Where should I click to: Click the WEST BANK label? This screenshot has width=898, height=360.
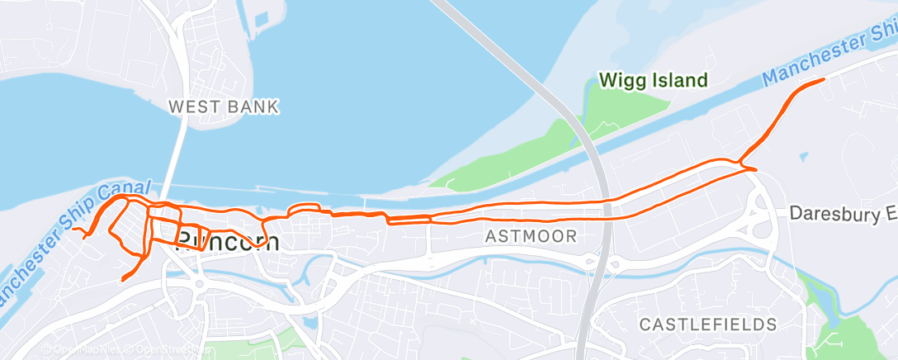[x=224, y=107]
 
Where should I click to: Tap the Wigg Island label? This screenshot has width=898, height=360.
[x=653, y=80]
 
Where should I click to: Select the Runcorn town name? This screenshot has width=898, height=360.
[x=229, y=241]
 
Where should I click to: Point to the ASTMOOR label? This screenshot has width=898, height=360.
[x=530, y=237]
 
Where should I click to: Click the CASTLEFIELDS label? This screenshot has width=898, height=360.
[x=708, y=323]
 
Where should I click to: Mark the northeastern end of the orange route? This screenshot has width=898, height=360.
[x=824, y=79]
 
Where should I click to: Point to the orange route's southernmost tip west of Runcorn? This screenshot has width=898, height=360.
[x=123, y=280]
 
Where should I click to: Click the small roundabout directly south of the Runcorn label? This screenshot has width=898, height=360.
[x=199, y=286]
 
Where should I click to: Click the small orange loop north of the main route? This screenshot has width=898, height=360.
[x=305, y=209]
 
